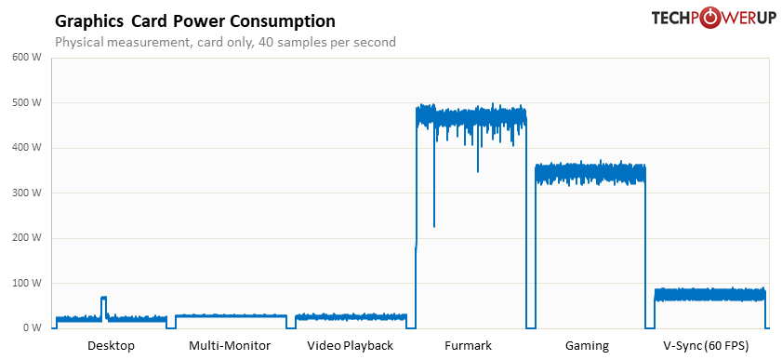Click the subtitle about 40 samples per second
point(225,42)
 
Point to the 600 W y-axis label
point(27,58)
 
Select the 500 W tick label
point(27,102)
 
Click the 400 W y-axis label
point(27,148)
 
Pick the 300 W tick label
point(27,193)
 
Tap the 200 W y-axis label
point(27,238)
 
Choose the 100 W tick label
point(27,283)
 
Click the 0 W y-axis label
point(32,327)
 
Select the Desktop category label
point(111,346)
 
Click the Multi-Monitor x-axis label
point(230,346)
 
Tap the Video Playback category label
point(350,346)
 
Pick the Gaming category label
point(587,346)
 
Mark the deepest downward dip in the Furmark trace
point(434,223)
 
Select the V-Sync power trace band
point(709,295)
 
